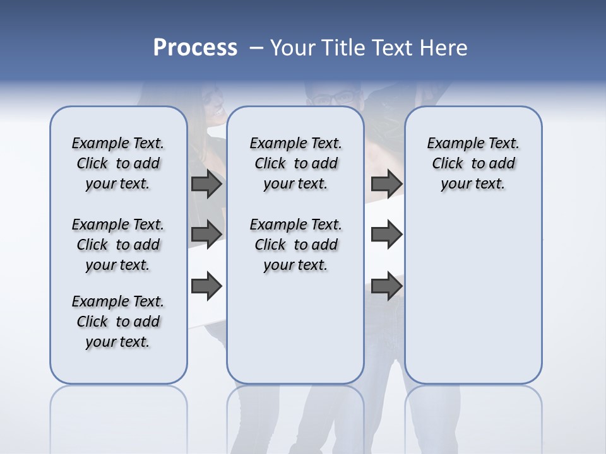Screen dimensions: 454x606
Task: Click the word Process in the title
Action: point(195,48)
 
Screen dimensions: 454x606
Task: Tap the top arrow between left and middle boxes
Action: point(206,184)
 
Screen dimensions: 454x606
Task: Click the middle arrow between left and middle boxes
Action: point(206,235)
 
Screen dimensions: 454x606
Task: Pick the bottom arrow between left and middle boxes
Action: point(206,286)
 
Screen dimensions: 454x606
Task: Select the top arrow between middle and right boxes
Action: point(386,184)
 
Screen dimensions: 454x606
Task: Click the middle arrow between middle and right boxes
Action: point(386,235)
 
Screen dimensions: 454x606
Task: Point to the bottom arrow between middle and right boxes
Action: point(386,286)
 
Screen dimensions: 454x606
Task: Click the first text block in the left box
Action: point(118,163)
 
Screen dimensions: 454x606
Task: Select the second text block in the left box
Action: point(118,245)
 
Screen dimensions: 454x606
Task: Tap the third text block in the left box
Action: point(118,322)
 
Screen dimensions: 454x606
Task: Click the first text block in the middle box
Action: point(295,163)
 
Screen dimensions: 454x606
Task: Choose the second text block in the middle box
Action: point(295,245)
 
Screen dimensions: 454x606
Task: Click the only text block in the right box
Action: point(473,163)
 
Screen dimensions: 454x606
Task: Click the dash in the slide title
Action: point(256,48)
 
